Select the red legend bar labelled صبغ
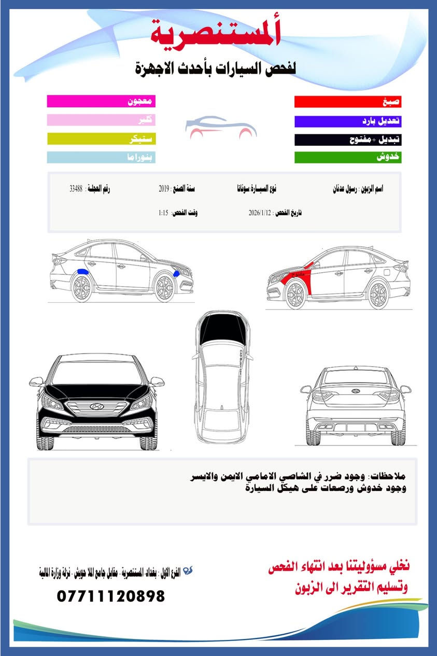[348, 102]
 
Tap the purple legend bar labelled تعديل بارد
[348, 121]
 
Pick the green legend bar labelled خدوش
[348, 157]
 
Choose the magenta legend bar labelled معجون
[101, 101]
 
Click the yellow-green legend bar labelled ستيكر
[101, 138]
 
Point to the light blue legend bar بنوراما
[101, 157]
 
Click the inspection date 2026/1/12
[260, 213]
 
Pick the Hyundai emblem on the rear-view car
[356, 392]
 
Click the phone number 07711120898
[111, 596]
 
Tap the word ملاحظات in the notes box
[393, 476]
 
